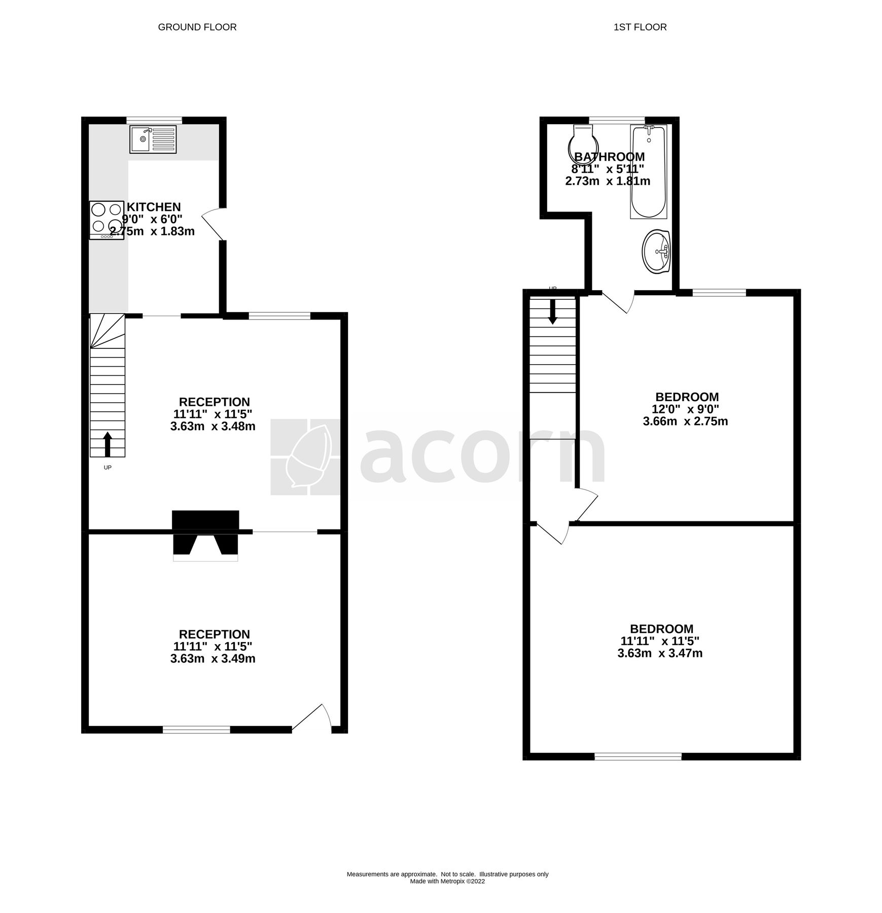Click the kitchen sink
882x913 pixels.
point(153,139)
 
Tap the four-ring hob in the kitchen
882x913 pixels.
point(107,220)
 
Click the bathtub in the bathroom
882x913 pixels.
point(648,172)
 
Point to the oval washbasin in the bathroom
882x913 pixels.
point(656,252)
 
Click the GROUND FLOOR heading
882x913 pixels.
point(197,27)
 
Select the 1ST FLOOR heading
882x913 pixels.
point(640,27)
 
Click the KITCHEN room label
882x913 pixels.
point(154,207)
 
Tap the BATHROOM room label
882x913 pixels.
point(609,157)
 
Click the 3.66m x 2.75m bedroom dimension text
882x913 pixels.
point(685,422)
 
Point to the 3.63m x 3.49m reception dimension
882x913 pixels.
point(213,659)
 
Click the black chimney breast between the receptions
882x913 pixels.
point(205,533)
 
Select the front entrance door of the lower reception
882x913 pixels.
point(312,718)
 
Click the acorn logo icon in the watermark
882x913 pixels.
point(305,456)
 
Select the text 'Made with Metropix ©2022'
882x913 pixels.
point(447,881)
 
